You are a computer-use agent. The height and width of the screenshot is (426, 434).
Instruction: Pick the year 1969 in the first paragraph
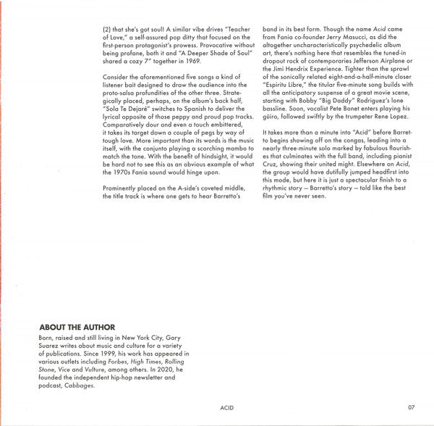(187, 63)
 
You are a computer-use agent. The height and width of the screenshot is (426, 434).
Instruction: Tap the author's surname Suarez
(48, 345)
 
